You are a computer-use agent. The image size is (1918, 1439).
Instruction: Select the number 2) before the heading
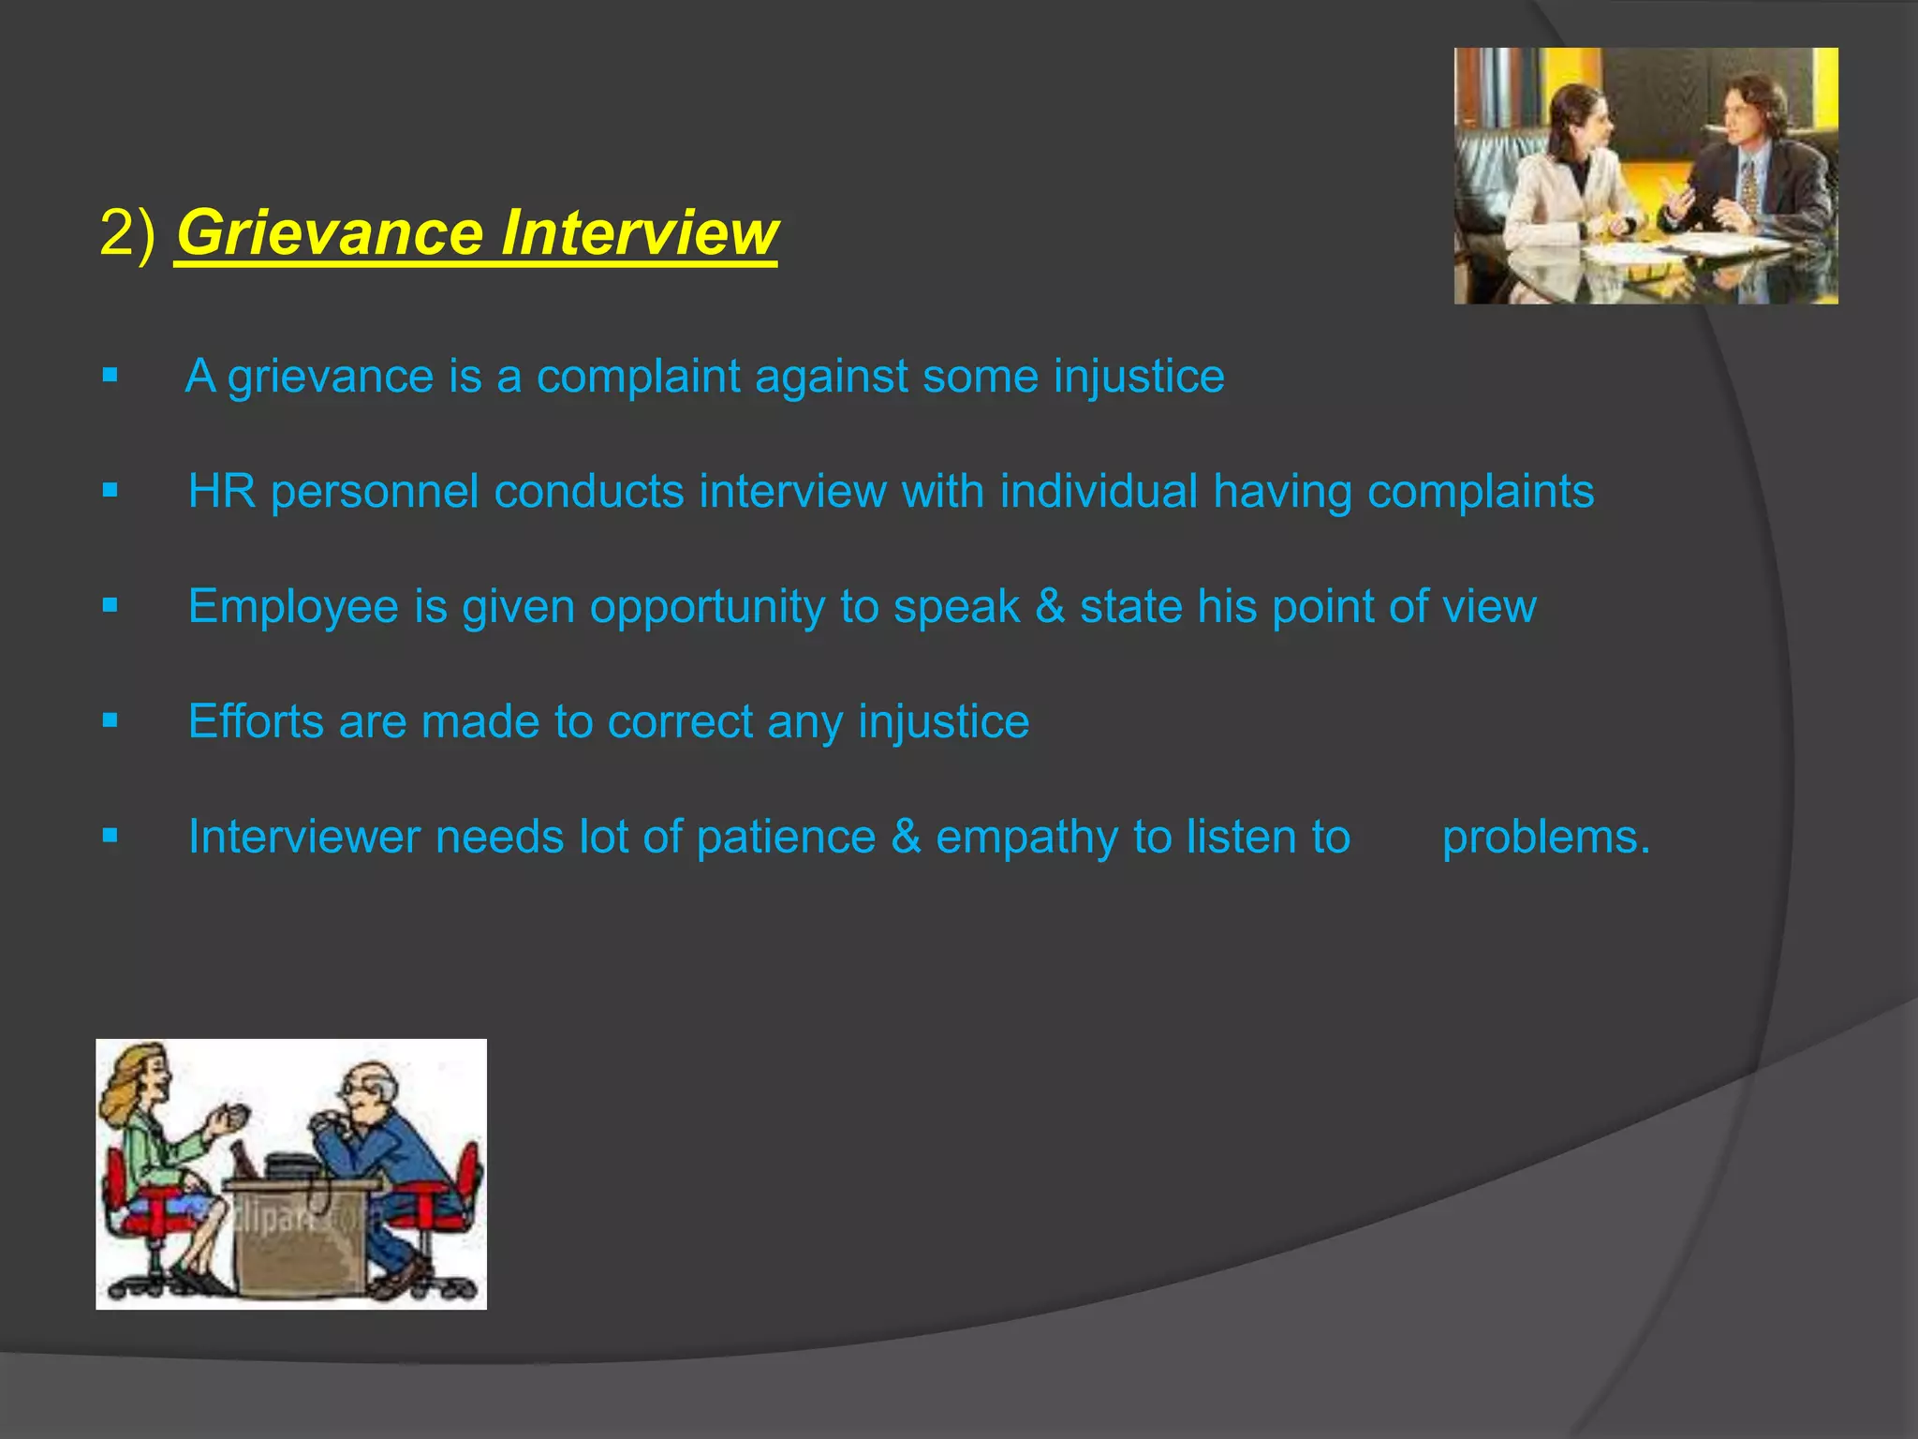[x=127, y=232]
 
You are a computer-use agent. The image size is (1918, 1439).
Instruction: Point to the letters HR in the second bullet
[x=221, y=491]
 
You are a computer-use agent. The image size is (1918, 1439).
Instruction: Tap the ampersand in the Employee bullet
[x=1050, y=606]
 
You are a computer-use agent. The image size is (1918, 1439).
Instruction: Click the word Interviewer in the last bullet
[x=303, y=837]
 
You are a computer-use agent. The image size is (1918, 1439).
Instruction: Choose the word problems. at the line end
[x=1545, y=837]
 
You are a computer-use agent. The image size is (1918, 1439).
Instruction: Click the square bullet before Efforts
[x=111, y=720]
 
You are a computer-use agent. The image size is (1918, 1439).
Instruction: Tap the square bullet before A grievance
[x=111, y=376]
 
